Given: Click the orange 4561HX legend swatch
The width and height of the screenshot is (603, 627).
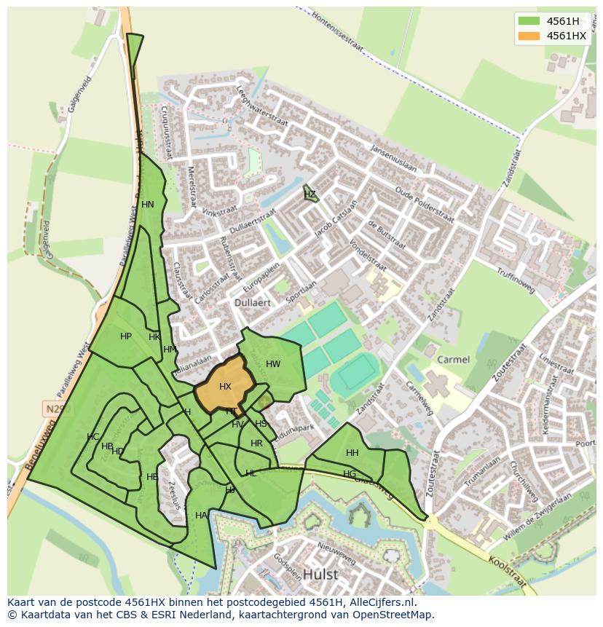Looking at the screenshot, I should (x=529, y=36).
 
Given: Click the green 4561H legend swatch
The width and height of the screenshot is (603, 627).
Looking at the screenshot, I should (x=529, y=21).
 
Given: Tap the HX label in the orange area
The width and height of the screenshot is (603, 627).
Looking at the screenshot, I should (x=225, y=387).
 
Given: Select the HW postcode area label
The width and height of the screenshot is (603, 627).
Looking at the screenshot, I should (x=273, y=364).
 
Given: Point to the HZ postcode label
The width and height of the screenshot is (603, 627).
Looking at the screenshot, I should (x=310, y=194).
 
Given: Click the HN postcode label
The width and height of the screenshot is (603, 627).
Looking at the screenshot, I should (x=148, y=205).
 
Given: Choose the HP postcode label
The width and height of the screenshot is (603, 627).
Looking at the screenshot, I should (x=126, y=336).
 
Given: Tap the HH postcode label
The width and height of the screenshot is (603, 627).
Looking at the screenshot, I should (x=352, y=453).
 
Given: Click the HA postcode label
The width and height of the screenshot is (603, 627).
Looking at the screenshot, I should (x=201, y=516).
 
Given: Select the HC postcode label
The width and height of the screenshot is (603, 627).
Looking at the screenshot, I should (x=92, y=437).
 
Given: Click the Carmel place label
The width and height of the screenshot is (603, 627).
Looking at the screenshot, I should (x=453, y=360).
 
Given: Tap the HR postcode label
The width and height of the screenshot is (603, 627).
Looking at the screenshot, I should (x=256, y=443).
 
